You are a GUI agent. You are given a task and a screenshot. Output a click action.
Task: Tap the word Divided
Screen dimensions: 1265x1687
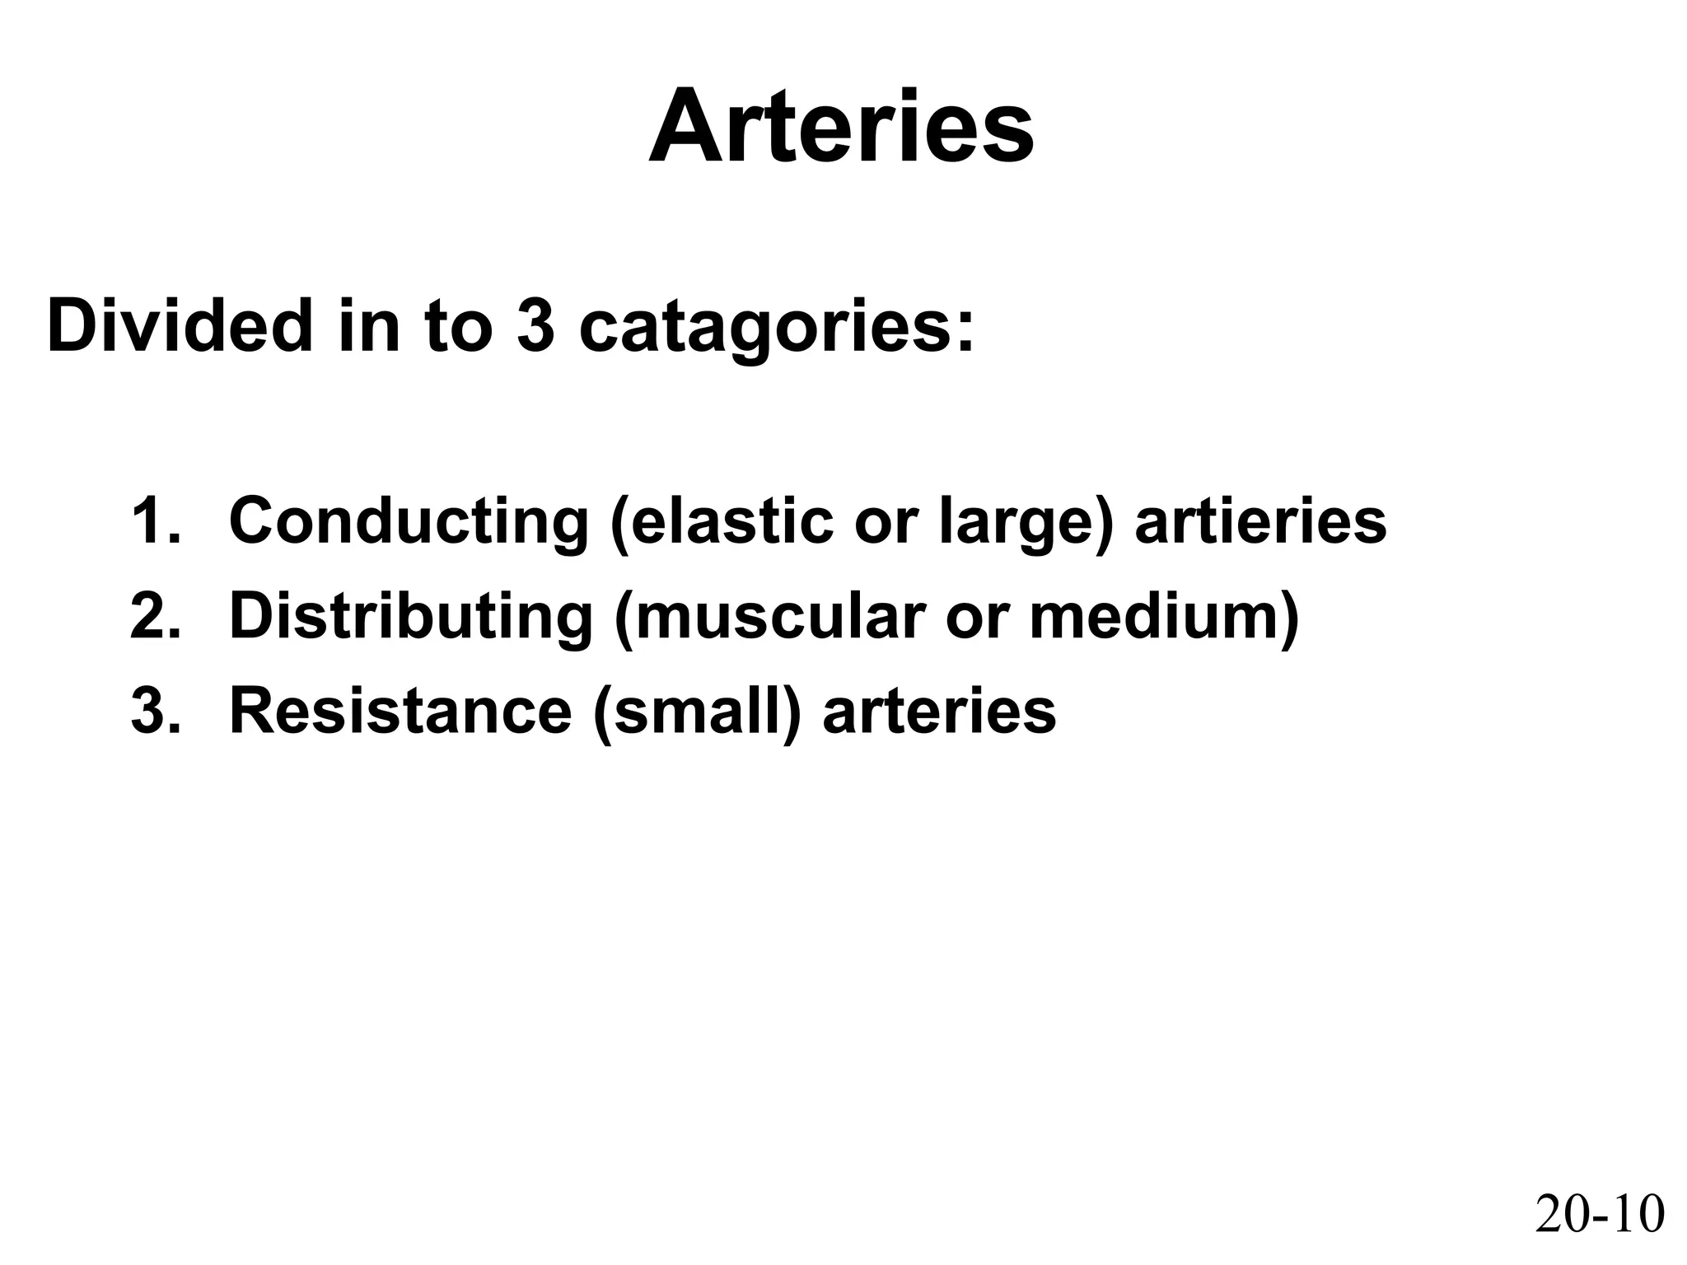click(180, 326)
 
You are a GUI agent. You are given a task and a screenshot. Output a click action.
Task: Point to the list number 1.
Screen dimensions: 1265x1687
click(154, 520)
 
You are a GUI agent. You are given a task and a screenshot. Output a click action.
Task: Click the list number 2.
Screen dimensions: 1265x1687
click(154, 615)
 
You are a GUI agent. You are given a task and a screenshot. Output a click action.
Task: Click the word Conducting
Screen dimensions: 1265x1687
click(409, 522)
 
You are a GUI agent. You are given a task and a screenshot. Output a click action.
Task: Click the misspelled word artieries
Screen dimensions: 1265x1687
click(1260, 520)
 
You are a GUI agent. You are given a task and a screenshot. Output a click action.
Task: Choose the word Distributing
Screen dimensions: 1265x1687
click(410, 617)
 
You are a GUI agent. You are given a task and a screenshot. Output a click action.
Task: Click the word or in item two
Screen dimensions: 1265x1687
click(974, 617)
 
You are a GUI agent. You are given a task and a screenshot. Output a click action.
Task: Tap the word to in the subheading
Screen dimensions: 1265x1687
click(458, 326)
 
